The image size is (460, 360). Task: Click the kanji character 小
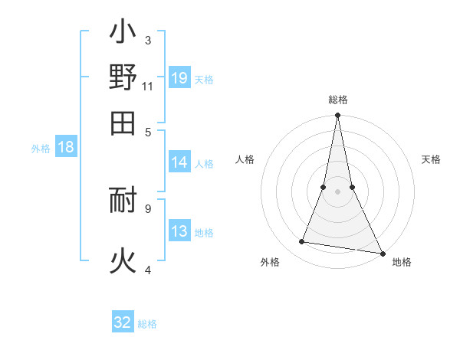(123, 34)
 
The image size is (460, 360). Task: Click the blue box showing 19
(179, 78)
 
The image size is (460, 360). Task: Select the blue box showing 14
(179, 162)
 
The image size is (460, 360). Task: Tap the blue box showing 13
(179, 232)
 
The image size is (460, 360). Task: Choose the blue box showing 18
(66, 148)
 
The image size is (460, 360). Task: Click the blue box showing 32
(123, 322)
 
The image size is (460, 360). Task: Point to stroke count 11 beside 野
(148, 87)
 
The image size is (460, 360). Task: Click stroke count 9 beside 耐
(148, 208)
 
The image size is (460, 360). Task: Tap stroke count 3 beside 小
(148, 40)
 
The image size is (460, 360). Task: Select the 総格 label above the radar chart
(337, 100)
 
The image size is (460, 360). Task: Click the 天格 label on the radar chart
(431, 159)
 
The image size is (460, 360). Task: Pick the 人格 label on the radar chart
(245, 159)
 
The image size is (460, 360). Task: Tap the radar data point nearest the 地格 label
(382, 253)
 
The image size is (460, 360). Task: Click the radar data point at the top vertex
(337, 116)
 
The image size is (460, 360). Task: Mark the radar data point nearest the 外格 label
(302, 242)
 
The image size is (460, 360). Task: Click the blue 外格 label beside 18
(41, 149)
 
